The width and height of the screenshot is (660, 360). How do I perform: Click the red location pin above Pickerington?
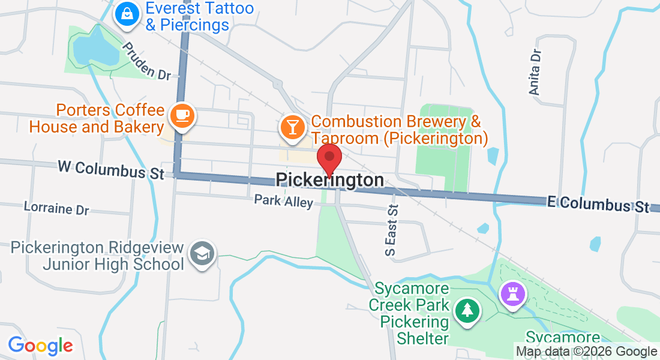click(329, 157)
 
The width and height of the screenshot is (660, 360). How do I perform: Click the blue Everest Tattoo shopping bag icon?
click(127, 14)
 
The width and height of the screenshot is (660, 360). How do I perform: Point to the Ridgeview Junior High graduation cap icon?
click(202, 254)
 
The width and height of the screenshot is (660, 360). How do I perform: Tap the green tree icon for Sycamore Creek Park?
click(467, 310)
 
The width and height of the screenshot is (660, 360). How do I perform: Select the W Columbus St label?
click(111, 169)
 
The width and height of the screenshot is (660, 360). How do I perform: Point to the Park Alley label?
click(283, 200)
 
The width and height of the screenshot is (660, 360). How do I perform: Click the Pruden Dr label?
click(146, 61)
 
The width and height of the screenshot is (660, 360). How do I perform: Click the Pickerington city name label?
click(329, 181)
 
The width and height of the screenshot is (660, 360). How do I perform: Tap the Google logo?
click(40, 346)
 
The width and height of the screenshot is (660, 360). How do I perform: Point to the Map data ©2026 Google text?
click(586, 352)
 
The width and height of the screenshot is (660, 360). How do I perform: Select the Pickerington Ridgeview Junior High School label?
click(98, 256)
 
